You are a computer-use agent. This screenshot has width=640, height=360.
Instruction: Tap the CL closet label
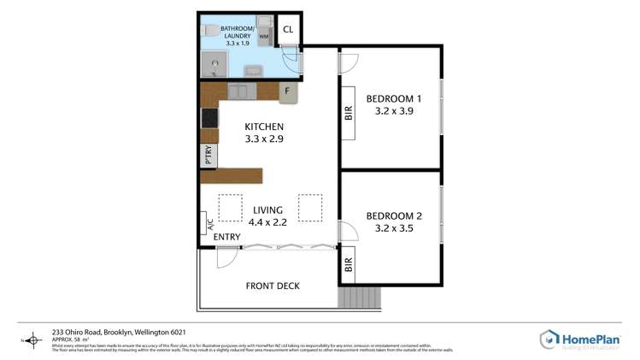288,29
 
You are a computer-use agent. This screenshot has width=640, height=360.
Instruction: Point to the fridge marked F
289,91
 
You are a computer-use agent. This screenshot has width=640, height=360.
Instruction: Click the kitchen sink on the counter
238,90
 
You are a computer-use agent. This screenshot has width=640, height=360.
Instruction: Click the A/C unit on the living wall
206,224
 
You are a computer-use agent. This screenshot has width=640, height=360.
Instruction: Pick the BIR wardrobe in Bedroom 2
348,266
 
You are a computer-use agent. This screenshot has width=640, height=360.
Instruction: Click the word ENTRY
226,237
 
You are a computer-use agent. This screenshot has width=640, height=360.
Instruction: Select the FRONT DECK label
273,286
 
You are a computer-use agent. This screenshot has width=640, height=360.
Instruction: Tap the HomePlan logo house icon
549,339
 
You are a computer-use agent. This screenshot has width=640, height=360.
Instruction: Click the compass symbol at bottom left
33,339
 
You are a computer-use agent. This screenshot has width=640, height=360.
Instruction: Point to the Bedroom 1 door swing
349,62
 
